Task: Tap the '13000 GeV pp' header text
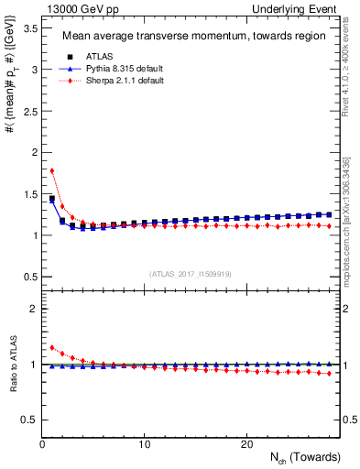point(78,9)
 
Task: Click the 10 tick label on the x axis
point(145,444)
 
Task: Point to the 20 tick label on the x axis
point(246,444)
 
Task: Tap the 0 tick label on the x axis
point(42,444)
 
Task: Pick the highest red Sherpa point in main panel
point(52,170)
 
